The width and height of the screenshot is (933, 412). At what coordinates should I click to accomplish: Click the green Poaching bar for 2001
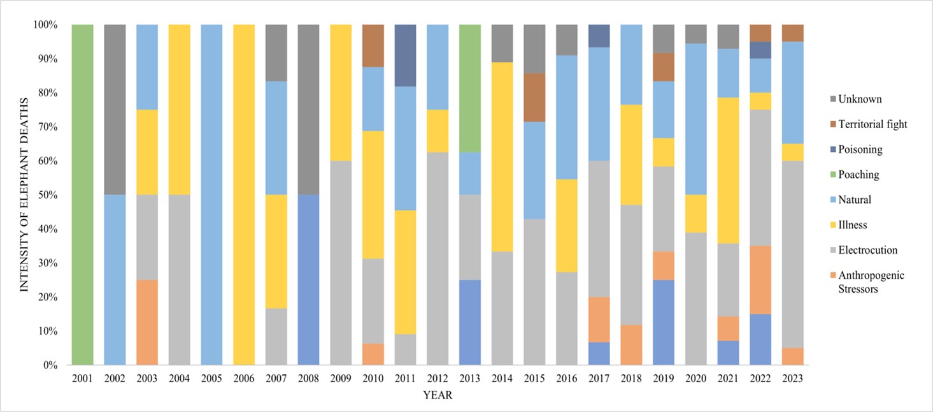82,195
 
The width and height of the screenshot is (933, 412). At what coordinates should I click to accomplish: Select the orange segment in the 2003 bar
147,322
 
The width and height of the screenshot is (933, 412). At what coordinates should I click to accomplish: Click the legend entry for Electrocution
862,250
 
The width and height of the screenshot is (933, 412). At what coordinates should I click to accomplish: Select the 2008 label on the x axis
308,379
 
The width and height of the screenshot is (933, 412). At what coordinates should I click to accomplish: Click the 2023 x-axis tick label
793,379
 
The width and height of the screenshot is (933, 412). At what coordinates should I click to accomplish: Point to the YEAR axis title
438,396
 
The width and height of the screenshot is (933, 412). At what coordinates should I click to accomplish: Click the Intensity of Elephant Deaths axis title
25,195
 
